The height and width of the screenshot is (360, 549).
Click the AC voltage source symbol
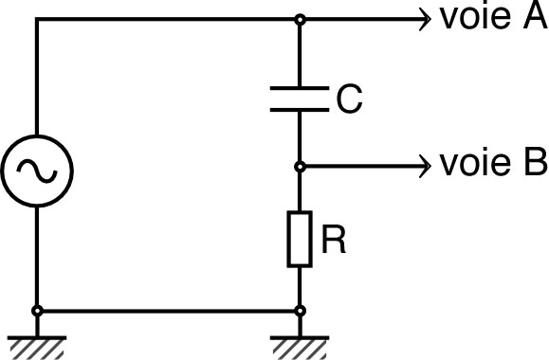tap(37, 171)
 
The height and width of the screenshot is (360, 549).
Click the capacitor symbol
tap(300, 99)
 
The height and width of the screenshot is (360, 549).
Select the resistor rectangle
tap(300, 239)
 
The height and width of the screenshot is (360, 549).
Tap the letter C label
tap(348, 99)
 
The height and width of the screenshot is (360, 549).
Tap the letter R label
tap(333, 241)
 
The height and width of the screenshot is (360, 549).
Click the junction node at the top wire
tap(300, 19)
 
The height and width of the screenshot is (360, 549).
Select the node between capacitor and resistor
tap(300, 166)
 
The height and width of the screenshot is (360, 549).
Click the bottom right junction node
tap(300, 310)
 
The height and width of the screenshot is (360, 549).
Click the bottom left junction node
tap(37, 310)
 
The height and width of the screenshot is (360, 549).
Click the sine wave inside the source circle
tap(37, 171)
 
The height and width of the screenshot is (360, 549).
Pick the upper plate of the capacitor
tap(300, 89)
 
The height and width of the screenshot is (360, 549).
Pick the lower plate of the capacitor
tap(300, 110)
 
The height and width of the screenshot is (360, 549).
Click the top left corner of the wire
tap(37, 19)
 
